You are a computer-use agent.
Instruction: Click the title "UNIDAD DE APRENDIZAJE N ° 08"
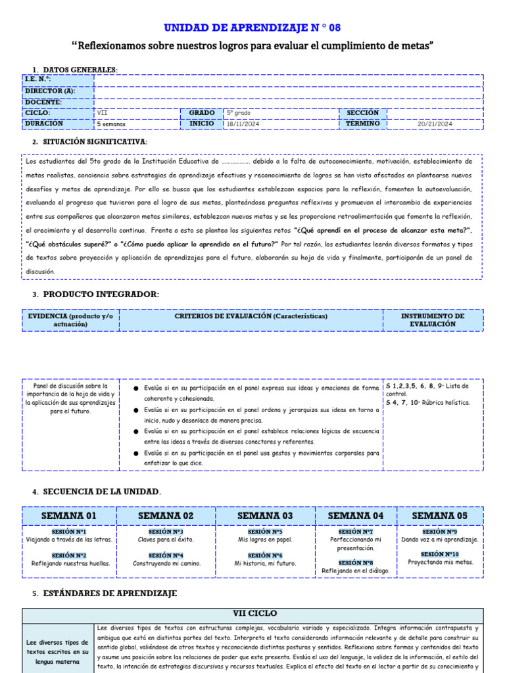(x=252, y=28)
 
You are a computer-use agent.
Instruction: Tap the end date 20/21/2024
(x=435, y=124)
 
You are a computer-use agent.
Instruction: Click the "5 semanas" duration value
(x=111, y=124)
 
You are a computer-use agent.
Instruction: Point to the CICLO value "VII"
(x=103, y=113)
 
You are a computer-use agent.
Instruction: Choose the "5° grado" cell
(x=239, y=113)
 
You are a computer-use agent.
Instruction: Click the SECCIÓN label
(x=362, y=113)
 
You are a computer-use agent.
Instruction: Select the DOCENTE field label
(x=43, y=102)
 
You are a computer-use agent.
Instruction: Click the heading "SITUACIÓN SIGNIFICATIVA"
(x=95, y=142)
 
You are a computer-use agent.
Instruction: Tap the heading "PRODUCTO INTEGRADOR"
(x=101, y=294)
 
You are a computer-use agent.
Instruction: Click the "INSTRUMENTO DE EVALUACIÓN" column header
(x=433, y=320)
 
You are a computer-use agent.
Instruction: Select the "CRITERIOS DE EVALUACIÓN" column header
(x=251, y=316)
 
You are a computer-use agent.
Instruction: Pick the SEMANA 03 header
(x=265, y=516)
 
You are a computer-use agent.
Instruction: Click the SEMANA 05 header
(x=440, y=516)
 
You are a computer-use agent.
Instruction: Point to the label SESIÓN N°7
(x=356, y=532)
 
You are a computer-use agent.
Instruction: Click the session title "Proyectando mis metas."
(x=440, y=563)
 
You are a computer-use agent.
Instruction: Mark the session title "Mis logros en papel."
(x=265, y=540)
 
